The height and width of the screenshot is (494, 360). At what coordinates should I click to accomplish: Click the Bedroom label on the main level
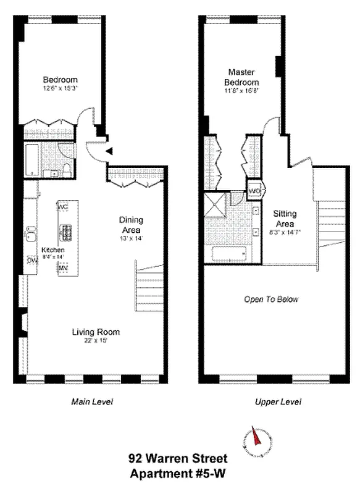pyautogui.click(x=60, y=80)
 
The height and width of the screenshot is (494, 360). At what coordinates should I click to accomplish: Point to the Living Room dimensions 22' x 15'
pyautogui.click(x=95, y=341)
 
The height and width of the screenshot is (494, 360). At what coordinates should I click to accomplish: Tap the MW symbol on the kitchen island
pyautogui.click(x=62, y=268)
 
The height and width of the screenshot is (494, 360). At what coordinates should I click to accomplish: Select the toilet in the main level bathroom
pyautogui.click(x=67, y=169)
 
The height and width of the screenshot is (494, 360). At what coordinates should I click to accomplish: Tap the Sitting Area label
pyautogui.click(x=285, y=217)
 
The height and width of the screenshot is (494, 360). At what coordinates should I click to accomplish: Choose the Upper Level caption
pyautogui.click(x=278, y=402)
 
